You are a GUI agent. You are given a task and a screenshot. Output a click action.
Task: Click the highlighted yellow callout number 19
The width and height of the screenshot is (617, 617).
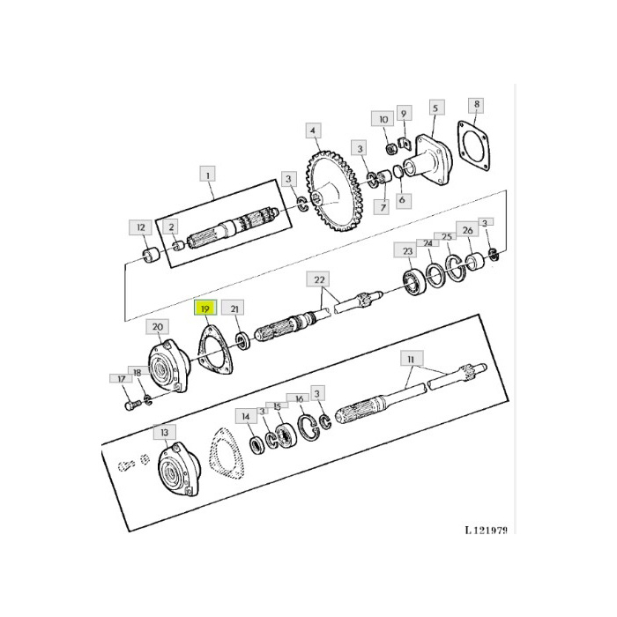tap(204, 309)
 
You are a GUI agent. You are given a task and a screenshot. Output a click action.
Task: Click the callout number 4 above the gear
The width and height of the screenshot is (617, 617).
tap(313, 131)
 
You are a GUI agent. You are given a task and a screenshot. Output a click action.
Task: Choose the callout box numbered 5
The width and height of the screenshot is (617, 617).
tap(435, 108)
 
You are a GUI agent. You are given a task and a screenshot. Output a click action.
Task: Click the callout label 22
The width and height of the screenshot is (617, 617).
tap(320, 279)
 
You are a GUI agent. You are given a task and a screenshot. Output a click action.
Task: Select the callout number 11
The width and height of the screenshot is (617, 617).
tap(410, 359)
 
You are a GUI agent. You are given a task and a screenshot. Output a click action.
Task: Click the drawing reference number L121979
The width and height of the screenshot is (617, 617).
tap(487, 531)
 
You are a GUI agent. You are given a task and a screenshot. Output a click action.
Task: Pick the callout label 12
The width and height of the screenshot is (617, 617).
tap(142, 227)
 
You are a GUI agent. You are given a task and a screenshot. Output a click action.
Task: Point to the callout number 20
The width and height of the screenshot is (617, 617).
tap(158, 327)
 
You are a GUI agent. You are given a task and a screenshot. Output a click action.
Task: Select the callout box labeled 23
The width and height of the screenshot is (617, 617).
tap(408, 251)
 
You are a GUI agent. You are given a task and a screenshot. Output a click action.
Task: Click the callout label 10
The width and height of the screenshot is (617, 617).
tap(383, 119)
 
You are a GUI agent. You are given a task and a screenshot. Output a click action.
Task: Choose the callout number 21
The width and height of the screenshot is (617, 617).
tap(234, 308)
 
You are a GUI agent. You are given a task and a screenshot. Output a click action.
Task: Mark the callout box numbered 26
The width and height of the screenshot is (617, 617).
tap(468, 231)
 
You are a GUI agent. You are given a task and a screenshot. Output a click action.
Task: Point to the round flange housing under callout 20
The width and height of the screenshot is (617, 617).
tap(165, 368)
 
